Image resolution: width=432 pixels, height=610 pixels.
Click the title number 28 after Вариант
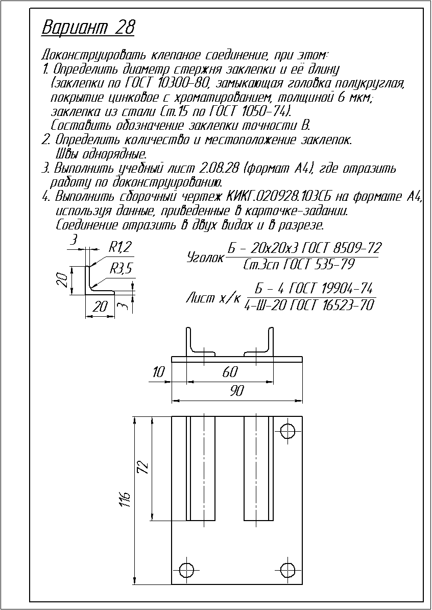click(125, 28)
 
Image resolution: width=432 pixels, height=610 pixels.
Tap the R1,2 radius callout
click(121, 248)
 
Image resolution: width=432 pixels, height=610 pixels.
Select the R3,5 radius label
click(121, 268)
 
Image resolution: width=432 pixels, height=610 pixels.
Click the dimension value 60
click(230, 372)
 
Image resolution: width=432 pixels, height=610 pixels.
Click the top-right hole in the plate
click(289, 429)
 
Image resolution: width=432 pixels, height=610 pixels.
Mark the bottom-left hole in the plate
click(187, 569)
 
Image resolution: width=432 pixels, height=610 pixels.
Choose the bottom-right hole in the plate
click(289, 569)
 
